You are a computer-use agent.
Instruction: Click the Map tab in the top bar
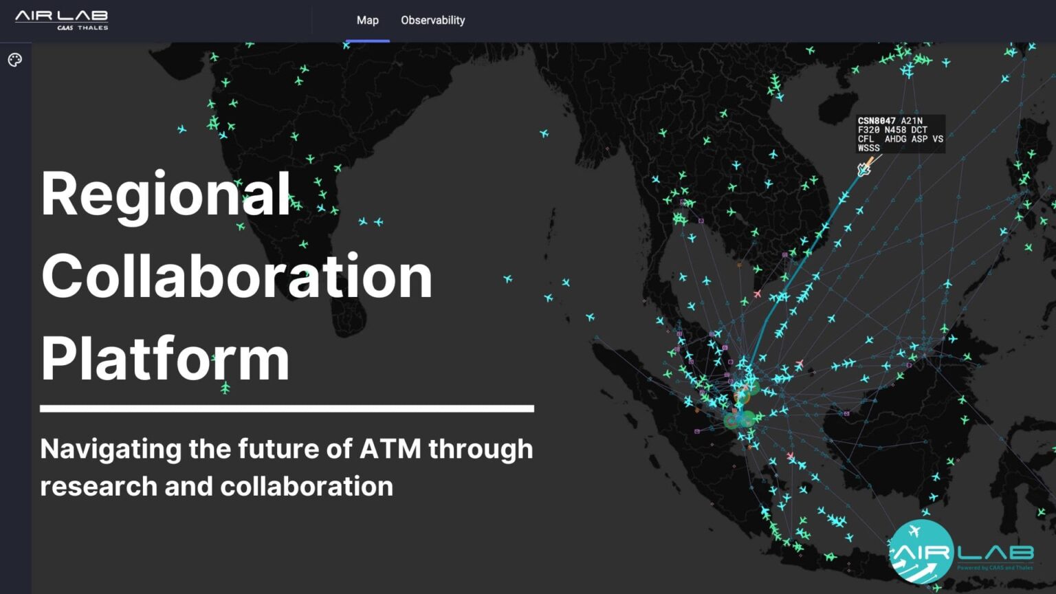click(x=367, y=21)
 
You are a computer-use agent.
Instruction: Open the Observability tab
click(x=432, y=21)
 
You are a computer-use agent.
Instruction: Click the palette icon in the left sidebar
click(x=15, y=60)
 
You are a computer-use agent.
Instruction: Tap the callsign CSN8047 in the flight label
click(x=877, y=121)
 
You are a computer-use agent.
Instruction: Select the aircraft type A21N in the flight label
click(x=912, y=121)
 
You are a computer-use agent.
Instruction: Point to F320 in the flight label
click(x=868, y=130)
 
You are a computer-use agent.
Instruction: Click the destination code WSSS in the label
click(x=868, y=148)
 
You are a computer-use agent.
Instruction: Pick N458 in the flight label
click(x=895, y=130)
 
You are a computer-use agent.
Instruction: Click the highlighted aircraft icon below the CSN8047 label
click(x=864, y=168)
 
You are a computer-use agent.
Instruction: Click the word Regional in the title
click(x=166, y=194)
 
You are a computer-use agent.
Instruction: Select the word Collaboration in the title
click(x=236, y=276)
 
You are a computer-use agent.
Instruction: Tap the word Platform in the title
click(x=165, y=359)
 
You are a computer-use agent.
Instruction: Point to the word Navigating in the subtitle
click(x=111, y=450)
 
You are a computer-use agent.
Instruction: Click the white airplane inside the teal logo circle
click(x=914, y=531)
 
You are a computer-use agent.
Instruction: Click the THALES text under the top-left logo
click(x=93, y=28)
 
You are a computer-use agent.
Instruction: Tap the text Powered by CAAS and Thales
click(x=995, y=567)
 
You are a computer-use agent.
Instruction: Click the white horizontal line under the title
click(x=287, y=408)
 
